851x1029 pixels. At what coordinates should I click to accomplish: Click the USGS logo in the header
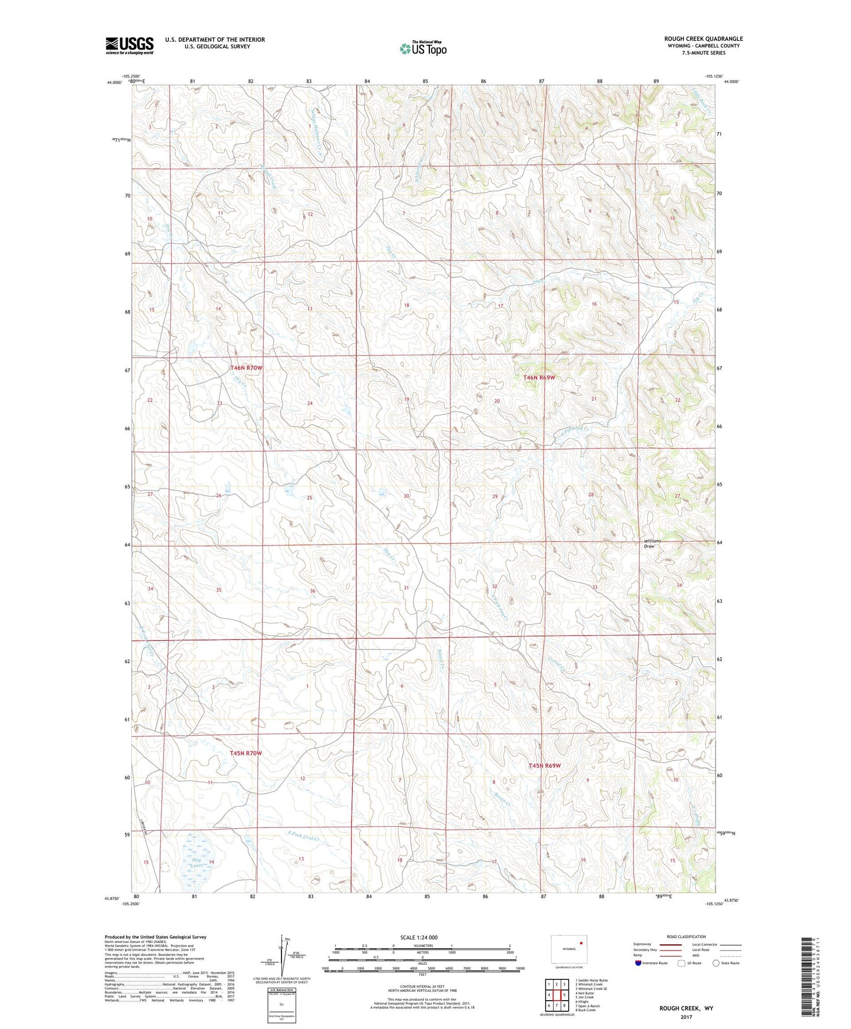(x=129, y=45)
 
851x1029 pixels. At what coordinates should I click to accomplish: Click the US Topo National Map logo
(x=422, y=48)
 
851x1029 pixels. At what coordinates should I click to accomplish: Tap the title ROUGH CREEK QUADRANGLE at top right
(x=703, y=39)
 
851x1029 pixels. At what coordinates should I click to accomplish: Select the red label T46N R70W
(x=246, y=368)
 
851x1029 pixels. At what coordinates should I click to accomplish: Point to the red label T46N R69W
(x=539, y=377)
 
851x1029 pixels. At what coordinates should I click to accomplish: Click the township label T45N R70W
(x=246, y=753)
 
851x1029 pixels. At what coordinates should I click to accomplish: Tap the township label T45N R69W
(x=544, y=766)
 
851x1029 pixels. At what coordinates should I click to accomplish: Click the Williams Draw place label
(x=652, y=543)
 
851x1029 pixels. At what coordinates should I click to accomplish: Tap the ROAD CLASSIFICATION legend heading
(x=686, y=936)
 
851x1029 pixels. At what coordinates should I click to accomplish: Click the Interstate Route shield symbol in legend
(x=638, y=963)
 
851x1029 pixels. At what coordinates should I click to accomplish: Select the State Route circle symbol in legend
(x=716, y=963)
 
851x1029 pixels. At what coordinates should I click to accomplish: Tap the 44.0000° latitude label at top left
(x=114, y=83)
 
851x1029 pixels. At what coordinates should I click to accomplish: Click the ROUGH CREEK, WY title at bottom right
(x=686, y=1008)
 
